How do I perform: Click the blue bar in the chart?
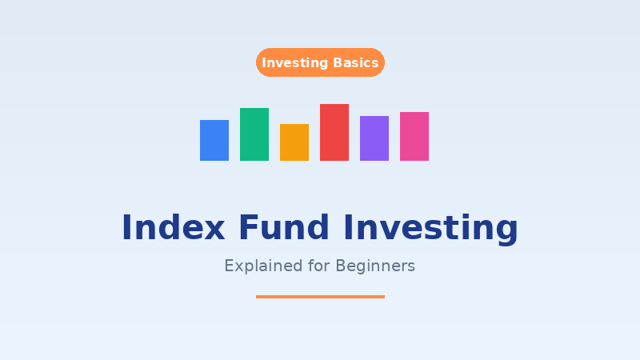coord(214,140)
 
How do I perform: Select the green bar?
coord(254,134)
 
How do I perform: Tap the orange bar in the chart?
coord(294,142)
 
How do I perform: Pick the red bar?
coord(334,132)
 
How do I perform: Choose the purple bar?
coord(374,138)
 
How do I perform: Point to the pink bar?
coord(414,136)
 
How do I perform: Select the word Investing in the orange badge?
coord(295,63)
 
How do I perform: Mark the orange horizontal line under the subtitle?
coord(320,297)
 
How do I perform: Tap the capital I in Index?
coord(126,228)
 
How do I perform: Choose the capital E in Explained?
coord(229,266)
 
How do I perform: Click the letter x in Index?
coord(213,230)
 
